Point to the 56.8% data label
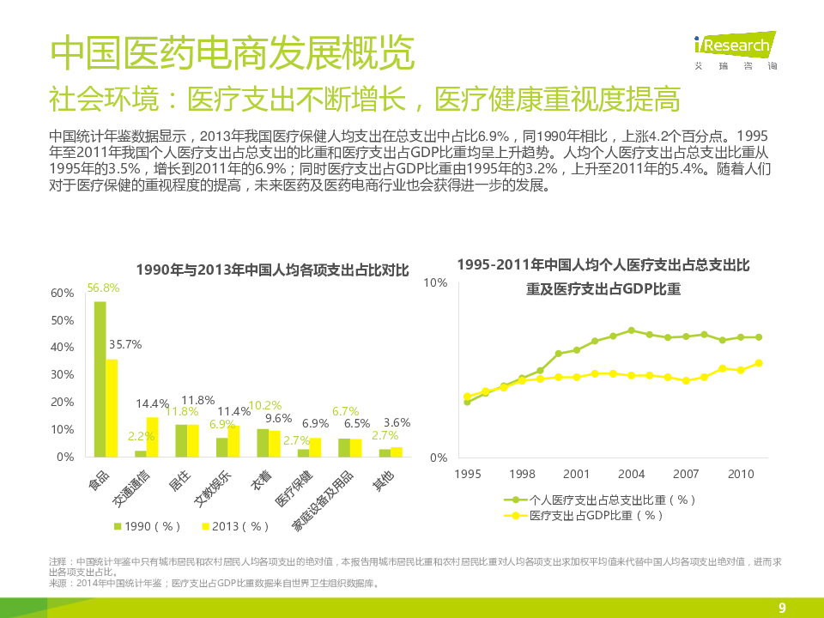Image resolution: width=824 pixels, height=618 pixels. click(x=103, y=288)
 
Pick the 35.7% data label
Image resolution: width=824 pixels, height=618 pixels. click(x=125, y=344)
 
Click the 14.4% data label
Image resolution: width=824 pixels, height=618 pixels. click(x=153, y=403)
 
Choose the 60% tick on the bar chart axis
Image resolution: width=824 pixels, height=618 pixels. click(x=63, y=293)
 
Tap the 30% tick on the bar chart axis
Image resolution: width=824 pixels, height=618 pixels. click(x=63, y=375)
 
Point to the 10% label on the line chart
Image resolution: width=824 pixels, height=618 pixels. click(x=436, y=282)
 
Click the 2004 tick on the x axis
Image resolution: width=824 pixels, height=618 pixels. click(x=631, y=474)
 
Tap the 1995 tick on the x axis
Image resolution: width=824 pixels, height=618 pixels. click(x=468, y=474)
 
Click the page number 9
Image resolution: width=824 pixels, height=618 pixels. click(x=782, y=609)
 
